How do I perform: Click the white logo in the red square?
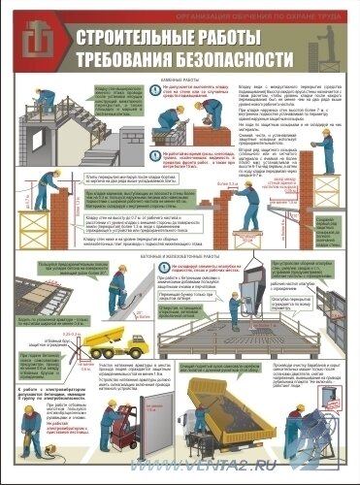[31, 39]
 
